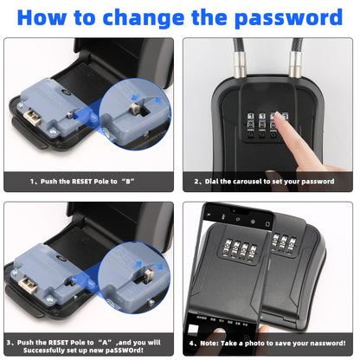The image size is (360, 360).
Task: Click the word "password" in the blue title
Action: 288,18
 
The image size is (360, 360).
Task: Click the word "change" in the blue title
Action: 144,18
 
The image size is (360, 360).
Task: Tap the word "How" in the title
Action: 42,17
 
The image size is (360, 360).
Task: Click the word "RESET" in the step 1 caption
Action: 81,182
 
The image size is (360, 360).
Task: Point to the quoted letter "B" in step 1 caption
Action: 128,182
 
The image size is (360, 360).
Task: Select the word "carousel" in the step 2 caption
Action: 247,182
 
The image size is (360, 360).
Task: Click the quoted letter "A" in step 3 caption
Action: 105,343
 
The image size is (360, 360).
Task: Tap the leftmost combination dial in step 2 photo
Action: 250,125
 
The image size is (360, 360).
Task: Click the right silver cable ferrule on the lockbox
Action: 294,65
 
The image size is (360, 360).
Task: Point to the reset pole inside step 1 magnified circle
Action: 135,108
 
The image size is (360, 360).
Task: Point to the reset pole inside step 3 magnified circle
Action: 149,274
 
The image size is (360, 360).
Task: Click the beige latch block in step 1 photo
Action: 32,117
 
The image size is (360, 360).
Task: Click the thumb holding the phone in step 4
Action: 263,331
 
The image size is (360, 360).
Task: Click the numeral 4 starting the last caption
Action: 191,344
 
